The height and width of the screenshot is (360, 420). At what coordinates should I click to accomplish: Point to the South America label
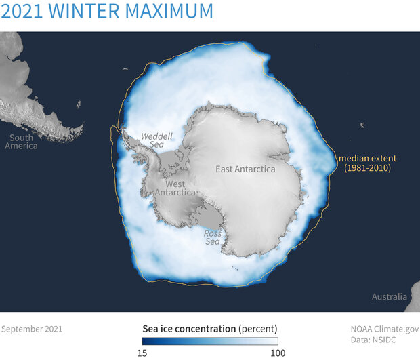point(20,142)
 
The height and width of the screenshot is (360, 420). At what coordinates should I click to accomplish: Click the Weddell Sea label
point(152,141)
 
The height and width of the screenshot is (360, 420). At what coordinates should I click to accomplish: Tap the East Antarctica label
point(245,169)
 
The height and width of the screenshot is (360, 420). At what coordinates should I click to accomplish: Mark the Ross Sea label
point(213,238)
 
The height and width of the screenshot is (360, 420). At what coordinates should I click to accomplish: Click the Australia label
point(390,297)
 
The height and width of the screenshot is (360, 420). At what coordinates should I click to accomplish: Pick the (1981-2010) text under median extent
point(366,168)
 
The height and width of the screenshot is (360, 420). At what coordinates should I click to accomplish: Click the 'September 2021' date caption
point(32,329)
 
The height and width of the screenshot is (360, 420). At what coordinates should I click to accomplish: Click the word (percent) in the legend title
point(258,329)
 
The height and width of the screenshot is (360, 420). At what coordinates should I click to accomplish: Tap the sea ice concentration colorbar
point(210,341)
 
